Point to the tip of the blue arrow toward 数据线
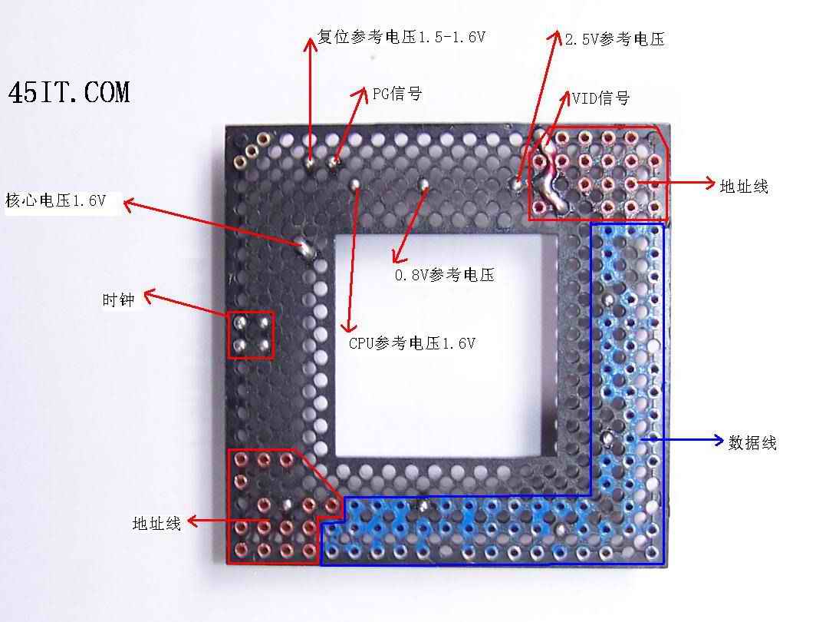pos(723,440)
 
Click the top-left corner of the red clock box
pos(229,313)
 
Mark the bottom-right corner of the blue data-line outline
pos(663,564)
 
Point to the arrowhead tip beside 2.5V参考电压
pos(557,31)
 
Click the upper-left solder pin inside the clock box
pos(241,323)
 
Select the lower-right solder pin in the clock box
pos(264,346)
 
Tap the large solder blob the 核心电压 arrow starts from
pos(306,248)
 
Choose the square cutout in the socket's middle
pos(439,346)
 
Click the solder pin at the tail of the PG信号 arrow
pos(334,160)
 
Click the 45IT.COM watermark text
pos(69,92)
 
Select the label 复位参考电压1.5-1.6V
pos(401,37)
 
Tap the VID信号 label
pos(600,98)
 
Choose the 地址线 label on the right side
pos(744,187)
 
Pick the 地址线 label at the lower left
pos(156,523)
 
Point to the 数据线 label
pos(752,442)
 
